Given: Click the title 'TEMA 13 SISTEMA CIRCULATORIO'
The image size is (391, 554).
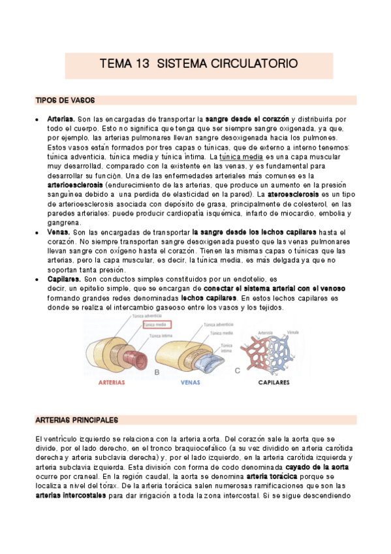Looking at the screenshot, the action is pyautogui.click(x=198, y=64).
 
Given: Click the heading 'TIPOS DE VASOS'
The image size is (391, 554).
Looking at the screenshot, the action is pyautogui.click(x=65, y=101).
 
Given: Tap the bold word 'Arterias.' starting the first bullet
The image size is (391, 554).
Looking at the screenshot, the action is pyautogui.click(x=61, y=120).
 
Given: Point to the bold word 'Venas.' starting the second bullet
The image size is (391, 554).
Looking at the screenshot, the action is pyautogui.click(x=59, y=232).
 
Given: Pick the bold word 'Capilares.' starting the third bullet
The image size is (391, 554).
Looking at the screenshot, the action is pyautogui.click(x=64, y=279).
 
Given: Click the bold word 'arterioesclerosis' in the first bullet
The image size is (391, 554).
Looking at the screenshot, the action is pyautogui.click(x=74, y=185).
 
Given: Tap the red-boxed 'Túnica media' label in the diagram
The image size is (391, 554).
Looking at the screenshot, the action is pyautogui.click(x=156, y=324).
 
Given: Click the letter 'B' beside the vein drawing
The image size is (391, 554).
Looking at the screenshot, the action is pyautogui.click(x=157, y=371).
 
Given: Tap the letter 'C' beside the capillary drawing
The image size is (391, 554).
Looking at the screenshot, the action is pyautogui.click(x=236, y=371).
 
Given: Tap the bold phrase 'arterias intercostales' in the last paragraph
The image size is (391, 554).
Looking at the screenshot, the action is pyautogui.click(x=71, y=495).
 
